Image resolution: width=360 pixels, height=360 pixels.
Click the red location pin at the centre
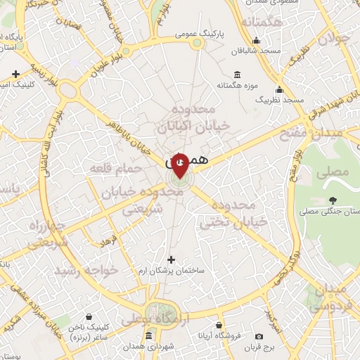pyautogui.click(x=179, y=164)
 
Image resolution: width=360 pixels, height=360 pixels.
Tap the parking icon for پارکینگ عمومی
pyautogui.click(x=198, y=43)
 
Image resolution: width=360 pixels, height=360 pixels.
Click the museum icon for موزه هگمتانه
pyautogui.click(x=236, y=75)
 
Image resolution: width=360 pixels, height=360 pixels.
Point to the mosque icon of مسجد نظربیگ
pyautogui.click(x=280, y=90)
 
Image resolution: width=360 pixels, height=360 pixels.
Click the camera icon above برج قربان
pyautogui.click(x=259, y=337)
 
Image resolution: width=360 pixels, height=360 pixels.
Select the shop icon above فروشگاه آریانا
pyautogui.click(x=219, y=326)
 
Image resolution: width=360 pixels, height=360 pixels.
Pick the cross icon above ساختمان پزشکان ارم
pyautogui.click(x=171, y=259)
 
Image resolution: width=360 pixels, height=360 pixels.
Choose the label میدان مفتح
pyautogui.click(x=335, y=131)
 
